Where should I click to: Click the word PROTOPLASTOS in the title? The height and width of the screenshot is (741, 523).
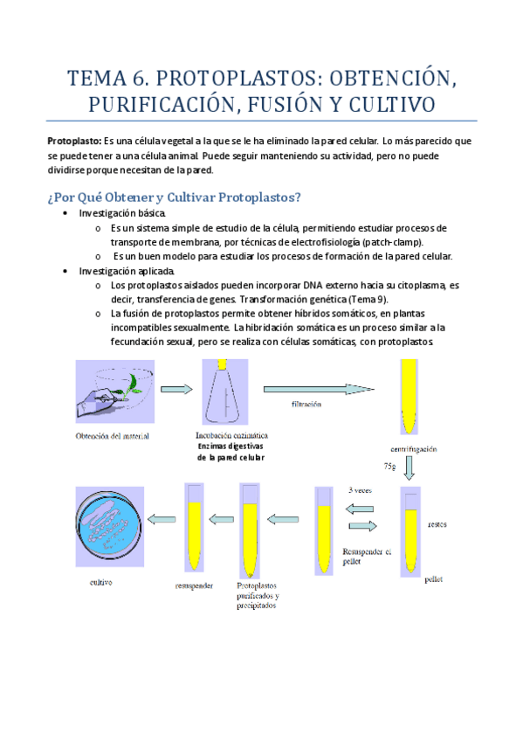coord(236,79)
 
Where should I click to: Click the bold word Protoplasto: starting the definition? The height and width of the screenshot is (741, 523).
coord(74,142)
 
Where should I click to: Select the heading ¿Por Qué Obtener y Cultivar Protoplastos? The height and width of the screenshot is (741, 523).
coord(174,197)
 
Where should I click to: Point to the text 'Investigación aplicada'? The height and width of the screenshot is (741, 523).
coord(127,271)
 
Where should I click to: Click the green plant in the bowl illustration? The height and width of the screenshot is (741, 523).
coord(133,385)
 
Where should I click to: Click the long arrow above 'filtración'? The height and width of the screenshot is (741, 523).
coord(319,390)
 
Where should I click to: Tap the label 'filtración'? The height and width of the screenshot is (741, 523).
coord(306,404)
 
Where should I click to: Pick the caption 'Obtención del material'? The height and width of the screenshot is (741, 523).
coord(113,436)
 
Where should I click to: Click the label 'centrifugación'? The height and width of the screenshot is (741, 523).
coord(414,449)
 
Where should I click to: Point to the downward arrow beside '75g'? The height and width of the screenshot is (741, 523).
coord(409,468)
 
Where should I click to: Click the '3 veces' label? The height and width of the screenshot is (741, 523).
coord(360,490)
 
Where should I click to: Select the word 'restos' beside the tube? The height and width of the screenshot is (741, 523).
coord(437,524)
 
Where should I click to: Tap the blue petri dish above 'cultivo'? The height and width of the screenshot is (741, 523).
coord(109,526)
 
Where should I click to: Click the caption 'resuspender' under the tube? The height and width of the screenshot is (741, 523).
coord(194,586)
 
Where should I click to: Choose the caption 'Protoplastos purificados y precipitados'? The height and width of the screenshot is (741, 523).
coord(258,595)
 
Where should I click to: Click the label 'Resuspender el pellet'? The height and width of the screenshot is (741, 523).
coord(367,557)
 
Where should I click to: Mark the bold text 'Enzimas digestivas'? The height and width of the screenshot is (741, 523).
coord(231,447)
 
